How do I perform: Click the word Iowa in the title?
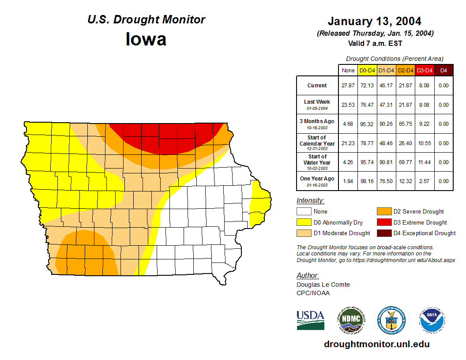pyautogui.click(x=146, y=39)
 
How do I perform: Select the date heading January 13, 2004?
pyautogui.click(x=374, y=21)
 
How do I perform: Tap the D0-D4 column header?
pyautogui.click(x=367, y=70)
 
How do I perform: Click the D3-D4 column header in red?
pyautogui.click(x=425, y=70)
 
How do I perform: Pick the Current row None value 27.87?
pyautogui.click(x=348, y=86)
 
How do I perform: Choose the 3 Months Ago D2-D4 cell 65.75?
pyautogui.click(x=405, y=124)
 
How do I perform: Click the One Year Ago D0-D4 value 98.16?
pyautogui.click(x=367, y=181)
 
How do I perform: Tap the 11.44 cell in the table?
pyautogui.click(x=425, y=162)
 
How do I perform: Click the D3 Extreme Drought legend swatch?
pyautogui.click(x=383, y=222)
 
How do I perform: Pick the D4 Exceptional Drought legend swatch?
pyautogui.click(x=383, y=233)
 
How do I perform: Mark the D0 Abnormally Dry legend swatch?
pyautogui.click(x=304, y=222)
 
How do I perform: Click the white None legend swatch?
pyautogui.click(x=304, y=212)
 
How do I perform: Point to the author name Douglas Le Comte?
pyautogui.click(x=323, y=285)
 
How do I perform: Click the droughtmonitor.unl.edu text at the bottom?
pyautogui.click(x=376, y=344)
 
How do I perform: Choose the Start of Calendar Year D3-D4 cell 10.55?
pyautogui.click(x=425, y=143)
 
